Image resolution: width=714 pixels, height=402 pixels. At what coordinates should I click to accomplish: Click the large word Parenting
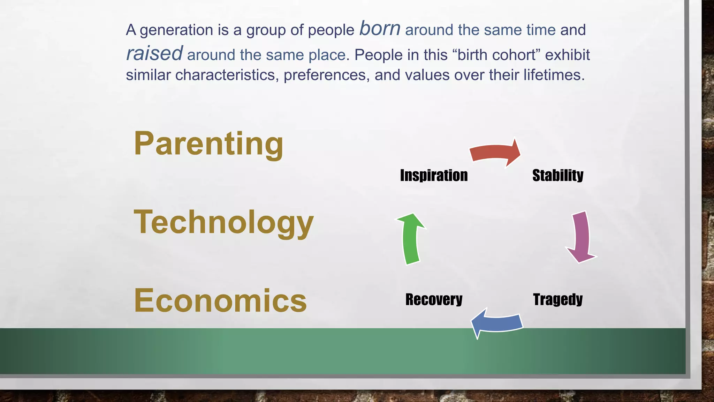pyautogui.click(x=208, y=144)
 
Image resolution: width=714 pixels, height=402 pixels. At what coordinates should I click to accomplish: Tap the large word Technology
pyautogui.click(x=223, y=222)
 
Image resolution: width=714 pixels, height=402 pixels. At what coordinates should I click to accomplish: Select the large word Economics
pyautogui.click(x=220, y=300)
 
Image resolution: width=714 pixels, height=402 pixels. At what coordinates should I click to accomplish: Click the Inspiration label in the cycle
pyautogui.click(x=434, y=175)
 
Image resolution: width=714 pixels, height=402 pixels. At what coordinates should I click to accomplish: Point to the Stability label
pyautogui.click(x=557, y=175)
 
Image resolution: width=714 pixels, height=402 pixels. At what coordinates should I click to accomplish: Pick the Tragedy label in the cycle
pyautogui.click(x=557, y=299)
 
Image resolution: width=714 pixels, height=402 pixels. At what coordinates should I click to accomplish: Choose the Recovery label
pyautogui.click(x=434, y=299)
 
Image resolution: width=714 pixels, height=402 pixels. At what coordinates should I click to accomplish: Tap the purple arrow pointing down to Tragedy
pyautogui.click(x=581, y=237)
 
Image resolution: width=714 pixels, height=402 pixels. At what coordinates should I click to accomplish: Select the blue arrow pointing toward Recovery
pyautogui.click(x=496, y=323)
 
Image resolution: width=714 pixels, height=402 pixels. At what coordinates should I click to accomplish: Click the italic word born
pyautogui.click(x=380, y=29)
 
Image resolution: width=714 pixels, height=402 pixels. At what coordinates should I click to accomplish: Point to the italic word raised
pyautogui.click(x=154, y=53)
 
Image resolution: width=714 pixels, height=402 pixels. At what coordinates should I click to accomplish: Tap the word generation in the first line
pyautogui.click(x=176, y=30)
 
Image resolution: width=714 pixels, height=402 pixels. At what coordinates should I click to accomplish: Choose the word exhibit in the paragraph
pyautogui.click(x=567, y=55)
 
